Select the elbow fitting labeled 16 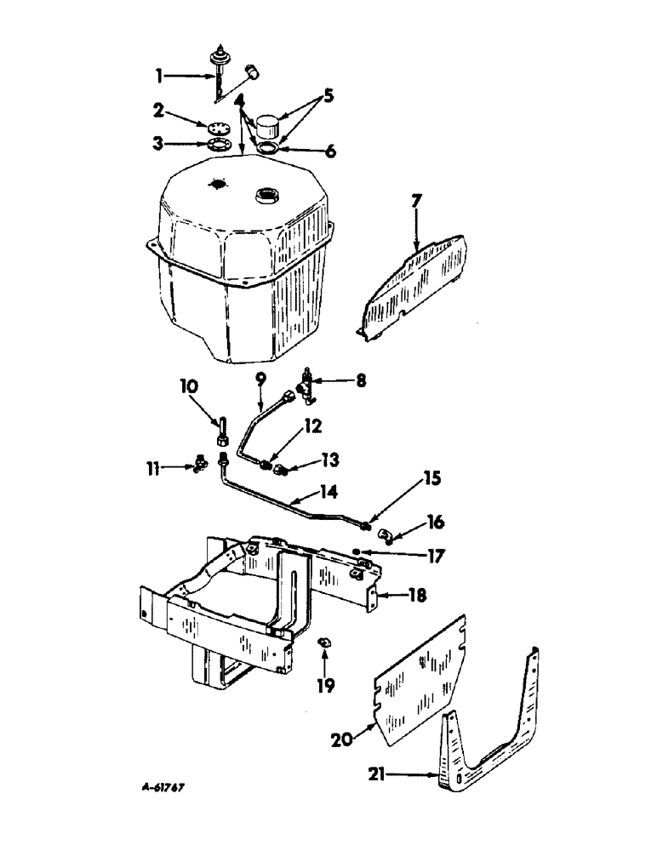(386, 535)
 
